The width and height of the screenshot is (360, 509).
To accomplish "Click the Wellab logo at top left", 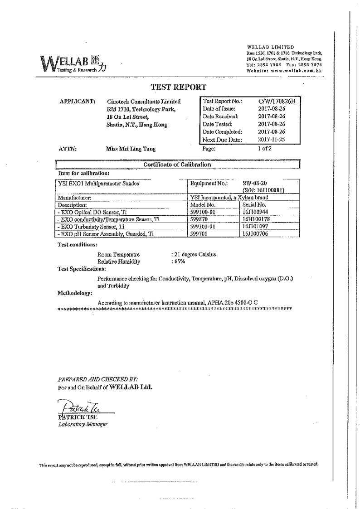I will pyautogui.click(x=74, y=64).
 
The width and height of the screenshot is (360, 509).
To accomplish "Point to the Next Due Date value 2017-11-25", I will pyautogui.click(x=271, y=140).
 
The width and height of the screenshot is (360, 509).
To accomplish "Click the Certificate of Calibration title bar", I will pyautogui.click(x=177, y=165).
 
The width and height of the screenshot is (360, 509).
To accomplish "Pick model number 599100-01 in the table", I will pyautogui.click(x=205, y=212).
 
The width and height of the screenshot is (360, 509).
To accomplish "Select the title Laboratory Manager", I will pyautogui.click(x=83, y=424).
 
